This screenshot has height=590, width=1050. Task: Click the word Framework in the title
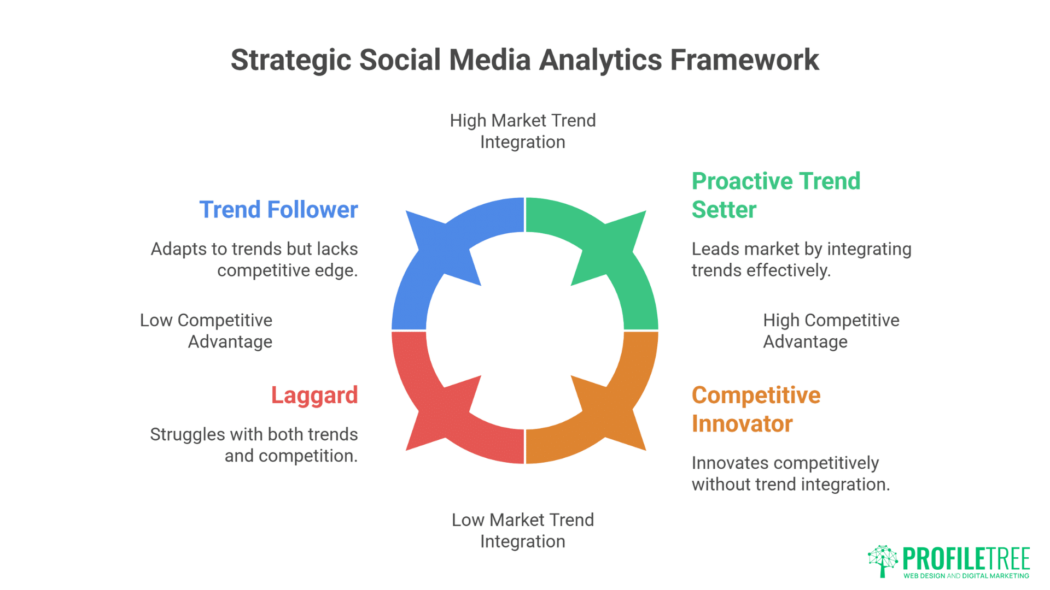coord(744,60)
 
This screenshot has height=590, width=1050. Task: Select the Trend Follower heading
coord(278,210)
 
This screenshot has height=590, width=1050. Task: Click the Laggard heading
coord(314,395)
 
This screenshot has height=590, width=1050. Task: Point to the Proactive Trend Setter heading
coord(775,195)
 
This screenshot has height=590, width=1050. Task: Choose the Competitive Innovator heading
coord(756,409)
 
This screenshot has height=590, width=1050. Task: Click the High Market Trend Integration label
coord(523,131)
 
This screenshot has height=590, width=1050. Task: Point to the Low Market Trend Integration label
coord(523,530)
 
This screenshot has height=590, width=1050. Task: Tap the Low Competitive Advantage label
coord(207,331)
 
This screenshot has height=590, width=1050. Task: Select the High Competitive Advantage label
coord(830,331)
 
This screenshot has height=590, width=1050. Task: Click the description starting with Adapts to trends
coord(255,259)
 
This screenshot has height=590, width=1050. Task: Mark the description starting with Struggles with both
coord(255,445)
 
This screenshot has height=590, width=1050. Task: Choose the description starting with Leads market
coord(801,259)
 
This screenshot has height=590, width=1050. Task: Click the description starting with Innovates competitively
coord(790,474)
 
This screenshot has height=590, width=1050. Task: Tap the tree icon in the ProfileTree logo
coord(883,560)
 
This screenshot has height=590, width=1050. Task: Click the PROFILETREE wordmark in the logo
coord(966,558)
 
